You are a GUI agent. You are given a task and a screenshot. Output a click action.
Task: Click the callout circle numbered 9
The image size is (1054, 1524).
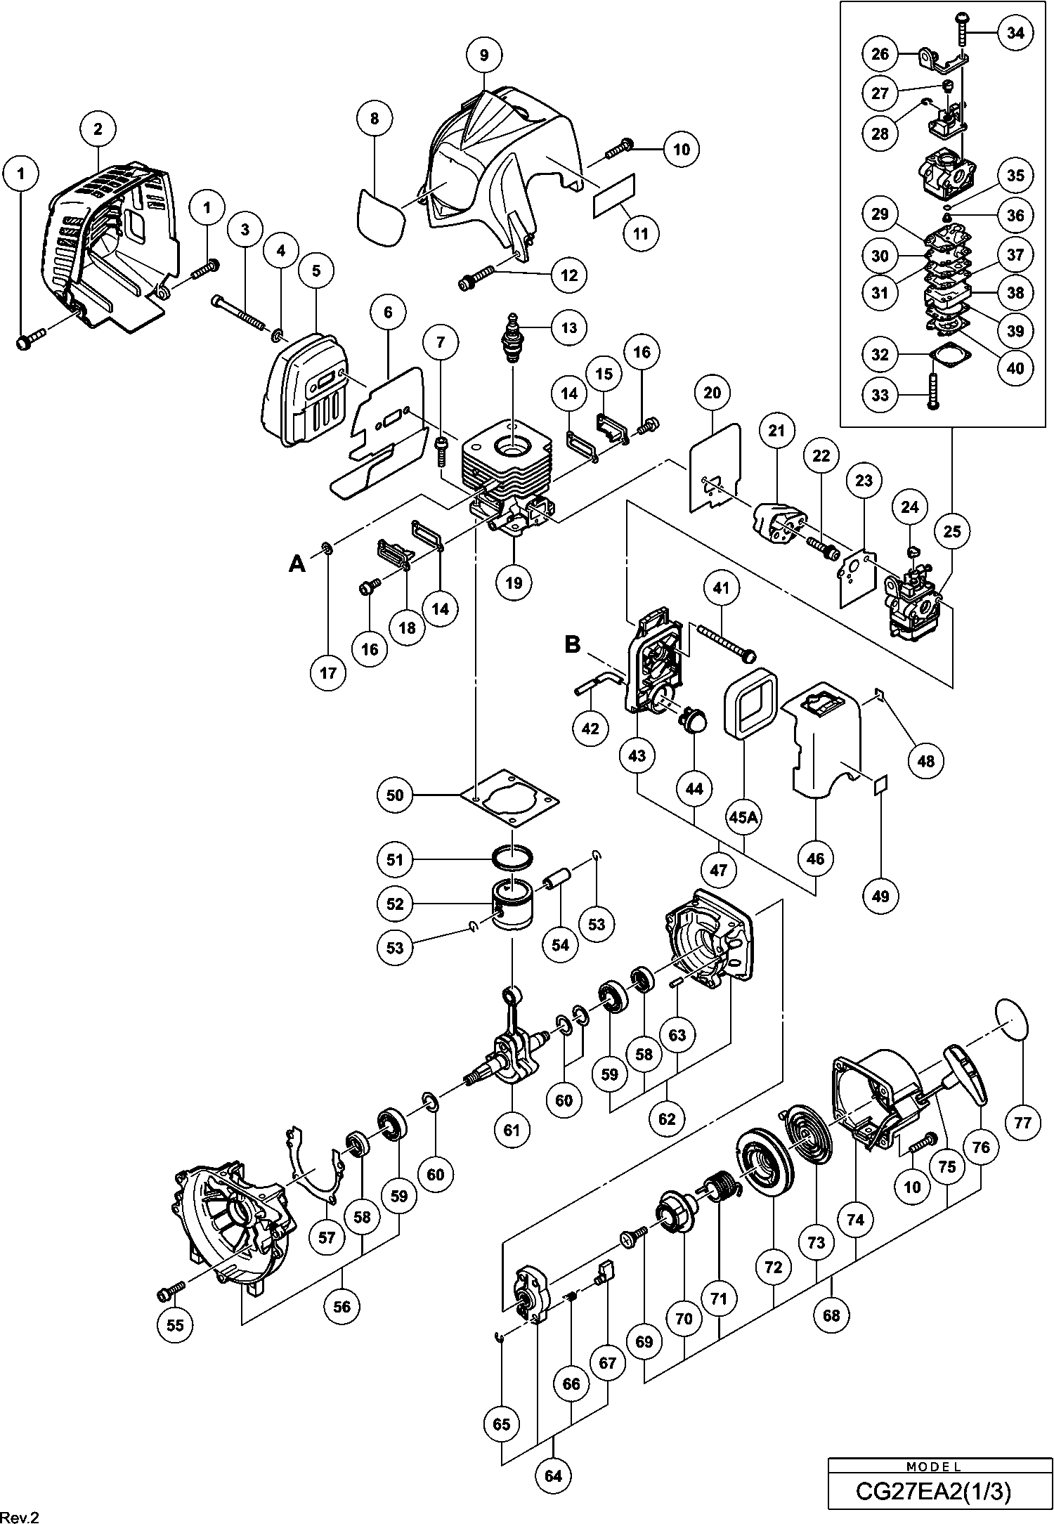pyautogui.click(x=484, y=54)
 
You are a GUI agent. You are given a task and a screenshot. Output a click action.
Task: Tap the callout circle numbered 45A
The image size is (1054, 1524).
pyautogui.click(x=744, y=817)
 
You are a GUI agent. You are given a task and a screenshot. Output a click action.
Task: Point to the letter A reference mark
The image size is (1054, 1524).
pyautogui.click(x=298, y=564)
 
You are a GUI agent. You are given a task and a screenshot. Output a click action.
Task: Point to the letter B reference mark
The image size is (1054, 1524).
pyautogui.click(x=573, y=644)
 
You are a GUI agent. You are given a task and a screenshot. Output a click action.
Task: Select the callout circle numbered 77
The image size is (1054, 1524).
pyautogui.click(x=1022, y=1122)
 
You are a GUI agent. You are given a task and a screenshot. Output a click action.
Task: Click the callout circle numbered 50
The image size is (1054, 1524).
pyautogui.click(x=396, y=795)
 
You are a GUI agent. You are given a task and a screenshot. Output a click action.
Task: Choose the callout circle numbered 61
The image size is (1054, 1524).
pyautogui.click(x=512, y=1129)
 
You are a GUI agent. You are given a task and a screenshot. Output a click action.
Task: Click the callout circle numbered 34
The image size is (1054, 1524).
pyautogui.click(x=1015, y=33)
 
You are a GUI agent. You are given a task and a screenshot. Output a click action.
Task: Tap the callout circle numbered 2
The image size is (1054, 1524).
pyautogui.click(x=98, y=129)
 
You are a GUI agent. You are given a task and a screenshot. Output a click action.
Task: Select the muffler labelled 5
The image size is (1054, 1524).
pyautogui.click(x=306, y=390)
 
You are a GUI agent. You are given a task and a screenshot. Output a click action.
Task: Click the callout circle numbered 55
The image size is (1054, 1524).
pyautogui.click(x=175, y=1324)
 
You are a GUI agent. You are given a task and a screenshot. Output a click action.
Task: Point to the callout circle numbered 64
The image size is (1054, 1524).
pyautogui.click(x=554, y=1476)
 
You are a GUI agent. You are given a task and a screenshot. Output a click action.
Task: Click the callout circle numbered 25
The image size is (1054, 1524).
pyautogui.click(x=952, y=532)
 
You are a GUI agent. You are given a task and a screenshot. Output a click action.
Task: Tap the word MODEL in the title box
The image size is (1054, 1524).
pyautogui.click(x=933, y=1466)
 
